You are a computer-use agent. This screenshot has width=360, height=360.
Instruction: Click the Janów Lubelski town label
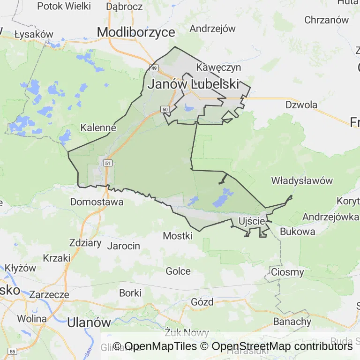(x=194, y=84)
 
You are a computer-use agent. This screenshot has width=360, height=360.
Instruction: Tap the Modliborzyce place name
(x=136, y=32)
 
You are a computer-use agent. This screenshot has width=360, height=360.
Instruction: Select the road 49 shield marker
(x=153, y=67)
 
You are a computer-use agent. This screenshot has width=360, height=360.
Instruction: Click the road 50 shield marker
(x=164, y=109)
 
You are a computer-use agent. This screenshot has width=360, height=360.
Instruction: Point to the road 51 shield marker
(x=108, y=163)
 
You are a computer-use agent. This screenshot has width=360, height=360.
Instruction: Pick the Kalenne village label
(x=98, y=127)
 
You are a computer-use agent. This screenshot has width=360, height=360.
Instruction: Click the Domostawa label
(x=97, y=202)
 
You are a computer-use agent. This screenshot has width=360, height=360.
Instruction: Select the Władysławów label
(x=302, y=180)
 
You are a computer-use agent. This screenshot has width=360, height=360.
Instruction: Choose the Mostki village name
(x=178, y=236)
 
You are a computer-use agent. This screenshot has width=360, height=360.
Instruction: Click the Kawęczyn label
(x=218, y=67)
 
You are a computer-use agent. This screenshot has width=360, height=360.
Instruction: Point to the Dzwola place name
(x=301, y=105)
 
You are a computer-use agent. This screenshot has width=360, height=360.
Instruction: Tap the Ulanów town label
(x=89, y=322)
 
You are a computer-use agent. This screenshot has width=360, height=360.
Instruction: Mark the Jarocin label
(x=124, y=246)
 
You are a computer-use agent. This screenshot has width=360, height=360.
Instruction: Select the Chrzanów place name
(x=327, y=20)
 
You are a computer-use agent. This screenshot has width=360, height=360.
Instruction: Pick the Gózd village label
(x=202, y=301)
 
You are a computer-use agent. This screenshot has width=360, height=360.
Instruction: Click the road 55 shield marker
(x=13, y=351)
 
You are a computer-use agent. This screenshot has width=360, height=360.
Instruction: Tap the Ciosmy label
(x=288, y=272)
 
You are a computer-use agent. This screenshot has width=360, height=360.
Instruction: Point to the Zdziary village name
(x=85, y=243)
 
